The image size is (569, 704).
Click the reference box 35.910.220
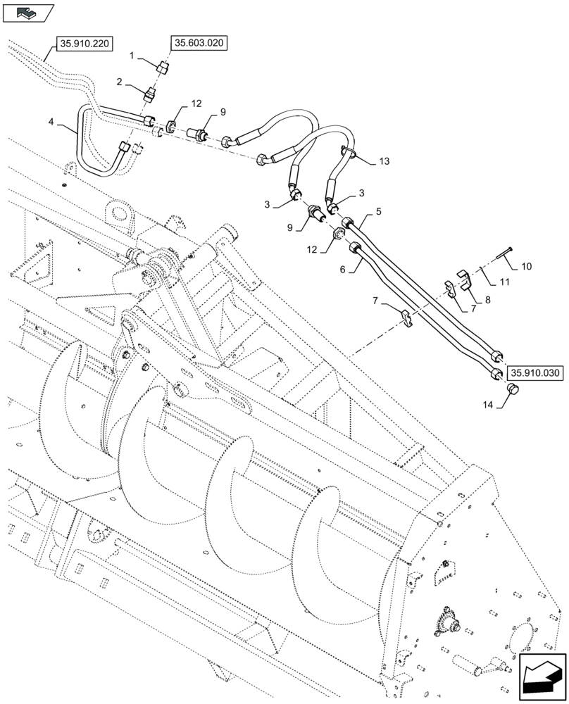85,44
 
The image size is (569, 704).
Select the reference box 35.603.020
198,44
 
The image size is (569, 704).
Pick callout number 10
527,267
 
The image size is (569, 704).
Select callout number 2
120,83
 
